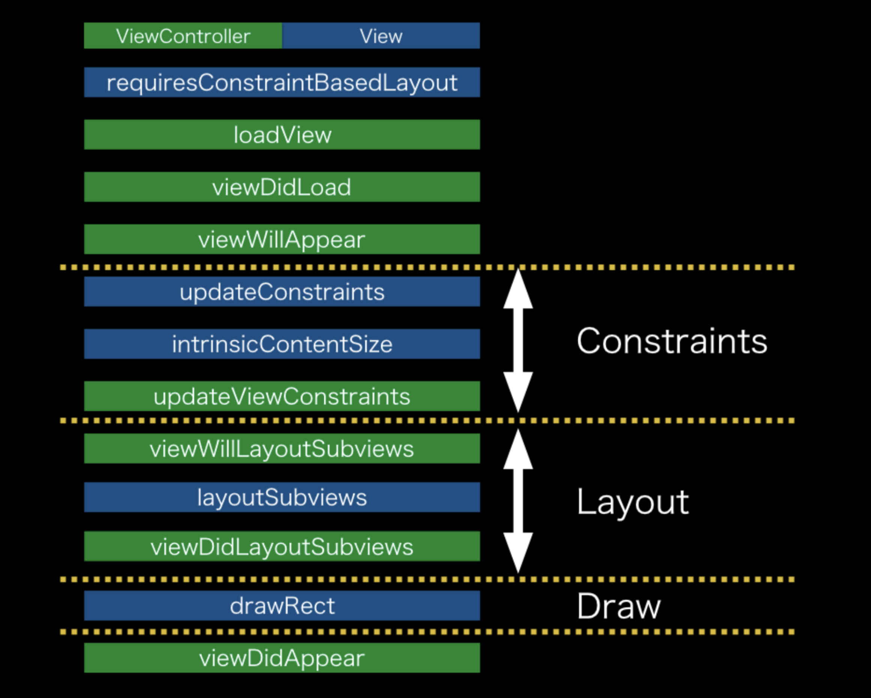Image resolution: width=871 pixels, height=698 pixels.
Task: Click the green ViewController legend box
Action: click(x=183, y=36)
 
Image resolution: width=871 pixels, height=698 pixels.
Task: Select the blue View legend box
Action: click(x=381, y=36)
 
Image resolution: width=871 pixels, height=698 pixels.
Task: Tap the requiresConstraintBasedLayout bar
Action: click(x=282, y=83)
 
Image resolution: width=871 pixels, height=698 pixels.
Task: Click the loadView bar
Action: click(x=282, y=135)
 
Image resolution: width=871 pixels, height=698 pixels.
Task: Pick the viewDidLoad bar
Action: click(x=282, y=187)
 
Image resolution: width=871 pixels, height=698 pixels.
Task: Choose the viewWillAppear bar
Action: click(x=282, y=239)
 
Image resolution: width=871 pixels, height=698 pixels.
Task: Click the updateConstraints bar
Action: click(x=282, y=292)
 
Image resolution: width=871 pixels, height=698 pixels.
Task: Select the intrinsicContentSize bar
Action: click(x=282, y=344)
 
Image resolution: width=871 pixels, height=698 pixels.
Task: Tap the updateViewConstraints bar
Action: click(x=282, y=396)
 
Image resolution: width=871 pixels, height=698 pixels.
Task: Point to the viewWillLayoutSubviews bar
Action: click(x=282, y=448)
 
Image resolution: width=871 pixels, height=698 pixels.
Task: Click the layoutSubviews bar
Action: click(x=282, y=497)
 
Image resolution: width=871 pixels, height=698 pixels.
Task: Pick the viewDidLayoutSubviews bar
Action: click(x=282, y=546)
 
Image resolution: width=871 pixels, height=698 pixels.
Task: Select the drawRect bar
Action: click(x=282, y=605)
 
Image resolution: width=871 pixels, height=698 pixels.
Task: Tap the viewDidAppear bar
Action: click(x=282, y=658)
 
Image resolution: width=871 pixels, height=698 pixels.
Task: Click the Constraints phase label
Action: click(x=672, y=341)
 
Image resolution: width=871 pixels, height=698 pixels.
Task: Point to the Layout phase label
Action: click(x=633, y=502)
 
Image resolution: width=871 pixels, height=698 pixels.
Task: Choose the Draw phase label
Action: click(x=619, y=606)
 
